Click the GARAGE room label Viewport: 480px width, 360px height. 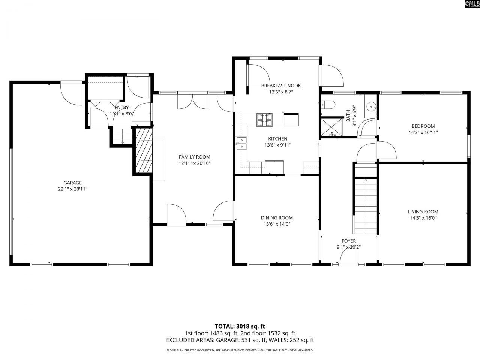pos(72,183)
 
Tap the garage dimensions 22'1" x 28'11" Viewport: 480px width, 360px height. pos(72,189)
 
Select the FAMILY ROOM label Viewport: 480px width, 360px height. pos(194,157)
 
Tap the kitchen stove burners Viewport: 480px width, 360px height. pos(264,120)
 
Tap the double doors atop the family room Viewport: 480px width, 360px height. pos(192,101)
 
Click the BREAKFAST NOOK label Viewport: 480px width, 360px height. pos(281,85)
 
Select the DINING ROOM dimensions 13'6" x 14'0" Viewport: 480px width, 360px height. pos(277,224)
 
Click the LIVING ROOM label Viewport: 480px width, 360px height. pos(423,211)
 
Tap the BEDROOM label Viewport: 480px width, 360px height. pos(423,126)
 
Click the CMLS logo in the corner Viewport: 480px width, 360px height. pos(472,4)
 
